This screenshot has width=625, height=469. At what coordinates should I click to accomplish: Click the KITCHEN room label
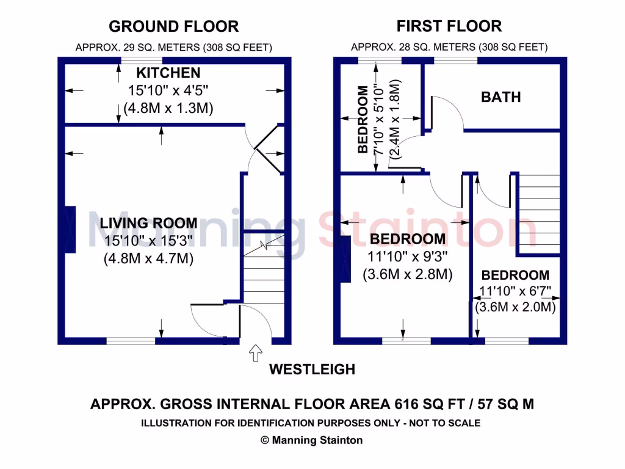coord(168,73)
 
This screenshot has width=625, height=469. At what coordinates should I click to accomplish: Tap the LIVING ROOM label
coord(148,223)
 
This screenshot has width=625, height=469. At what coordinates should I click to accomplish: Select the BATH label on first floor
coord(501,97)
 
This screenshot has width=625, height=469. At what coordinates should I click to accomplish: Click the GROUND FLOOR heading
coord(174,26)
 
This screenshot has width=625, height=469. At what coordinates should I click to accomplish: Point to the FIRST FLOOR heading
coord(449,26)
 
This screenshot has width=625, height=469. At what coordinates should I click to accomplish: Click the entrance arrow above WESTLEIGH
coord(256,353)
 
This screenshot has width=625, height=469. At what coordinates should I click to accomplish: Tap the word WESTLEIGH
coord(312,369)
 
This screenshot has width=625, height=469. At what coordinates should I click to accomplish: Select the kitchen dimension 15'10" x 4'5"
coord(168,90)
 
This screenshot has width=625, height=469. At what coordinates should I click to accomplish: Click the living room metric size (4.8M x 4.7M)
coord(148,258)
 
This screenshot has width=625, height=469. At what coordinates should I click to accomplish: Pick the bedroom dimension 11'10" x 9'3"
coord(407,256)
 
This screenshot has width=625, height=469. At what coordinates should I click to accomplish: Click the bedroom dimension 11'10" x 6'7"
coord(515,291)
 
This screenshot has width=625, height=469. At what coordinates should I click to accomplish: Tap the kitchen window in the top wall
coord(142,60)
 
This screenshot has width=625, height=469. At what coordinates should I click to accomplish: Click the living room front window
coord(131,341)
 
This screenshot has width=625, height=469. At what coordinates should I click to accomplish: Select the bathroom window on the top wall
coord(455,60)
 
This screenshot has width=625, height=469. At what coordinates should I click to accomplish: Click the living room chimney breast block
coord(70,230)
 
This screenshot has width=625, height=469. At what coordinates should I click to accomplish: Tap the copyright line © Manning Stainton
coord(312,440)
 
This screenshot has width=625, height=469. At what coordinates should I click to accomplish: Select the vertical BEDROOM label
coord(363,119)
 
